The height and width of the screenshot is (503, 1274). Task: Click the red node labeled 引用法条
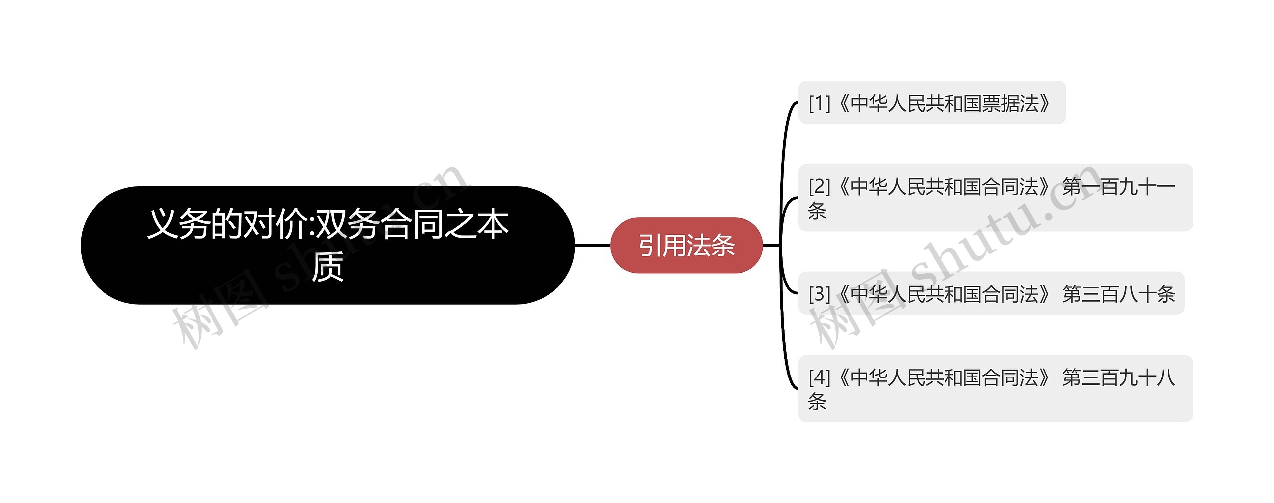point(686,246)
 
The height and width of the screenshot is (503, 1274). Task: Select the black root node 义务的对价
point(327,245)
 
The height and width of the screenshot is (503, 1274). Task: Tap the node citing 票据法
point(932,103)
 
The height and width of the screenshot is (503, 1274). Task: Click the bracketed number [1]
point(819,103)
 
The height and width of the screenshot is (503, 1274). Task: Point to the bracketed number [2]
point(819,187)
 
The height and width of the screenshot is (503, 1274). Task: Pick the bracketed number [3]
point(819,294)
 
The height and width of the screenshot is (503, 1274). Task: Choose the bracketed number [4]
point(819,377)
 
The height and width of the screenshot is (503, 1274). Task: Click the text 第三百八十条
point(1119,294)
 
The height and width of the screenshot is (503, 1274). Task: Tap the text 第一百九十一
point(1119,187)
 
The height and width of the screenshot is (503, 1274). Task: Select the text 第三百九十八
point(1119,377)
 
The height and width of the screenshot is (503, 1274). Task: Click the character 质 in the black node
point(327,267)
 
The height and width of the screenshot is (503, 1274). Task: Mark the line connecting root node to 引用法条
point(592,246)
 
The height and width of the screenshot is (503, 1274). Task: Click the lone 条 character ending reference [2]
point(817,211)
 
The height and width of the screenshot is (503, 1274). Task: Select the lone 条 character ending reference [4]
point(817,402)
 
